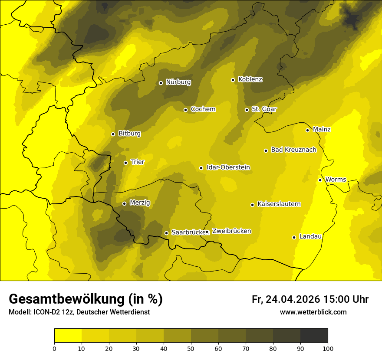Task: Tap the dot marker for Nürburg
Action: point(161,83)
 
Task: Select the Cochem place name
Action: point(203,109)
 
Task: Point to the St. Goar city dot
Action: point(247,110)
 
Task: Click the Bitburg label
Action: point(129,133)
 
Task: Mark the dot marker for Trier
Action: point(125,163)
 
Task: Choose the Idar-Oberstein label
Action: point(228,167)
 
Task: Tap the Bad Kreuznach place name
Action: point(293,150)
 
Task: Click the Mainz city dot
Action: point(307,130)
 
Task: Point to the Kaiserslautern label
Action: point(279,204)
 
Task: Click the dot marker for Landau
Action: point(294,237)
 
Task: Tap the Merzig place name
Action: point(139,203)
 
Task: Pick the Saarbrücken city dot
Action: point(166,233)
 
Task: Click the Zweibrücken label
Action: point(231,231)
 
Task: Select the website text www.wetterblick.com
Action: point(313,312)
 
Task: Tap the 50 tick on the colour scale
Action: point(191,348)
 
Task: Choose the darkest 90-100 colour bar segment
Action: point(314,336)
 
